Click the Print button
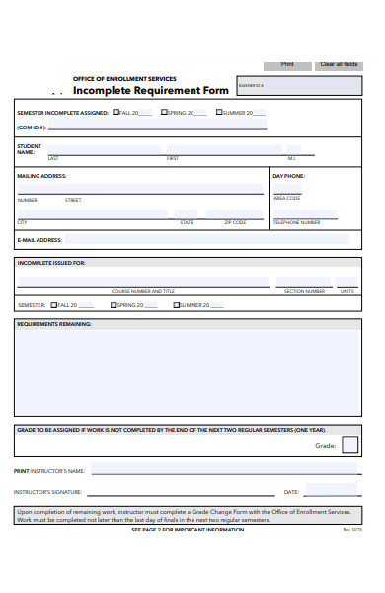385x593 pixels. point(287,65)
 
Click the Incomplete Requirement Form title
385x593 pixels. point(151,90)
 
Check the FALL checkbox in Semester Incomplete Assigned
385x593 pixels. point(115,113)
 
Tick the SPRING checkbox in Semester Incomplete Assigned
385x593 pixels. point(165,113)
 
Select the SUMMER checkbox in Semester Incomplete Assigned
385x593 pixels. point(218,113)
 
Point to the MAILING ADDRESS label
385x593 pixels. point(42,176)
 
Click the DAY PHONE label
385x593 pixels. point(288,176)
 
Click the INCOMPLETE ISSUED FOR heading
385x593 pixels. point(51,263)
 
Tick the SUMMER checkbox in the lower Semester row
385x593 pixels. point(177,305)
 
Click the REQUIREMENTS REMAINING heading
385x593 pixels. point(54,323)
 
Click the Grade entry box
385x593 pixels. point(349,445)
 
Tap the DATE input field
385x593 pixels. point(331,490)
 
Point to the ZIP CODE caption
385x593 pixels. point(234,222)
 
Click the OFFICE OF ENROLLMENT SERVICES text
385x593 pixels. point(124,79)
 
